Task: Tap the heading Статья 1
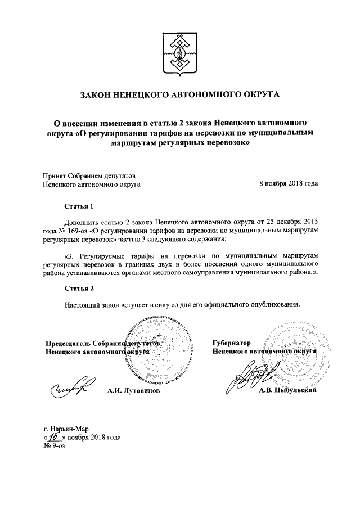click(x=78, y=206)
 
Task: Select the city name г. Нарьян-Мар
click(x=65, y=428)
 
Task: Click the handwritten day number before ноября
click(x=54, y=436)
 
